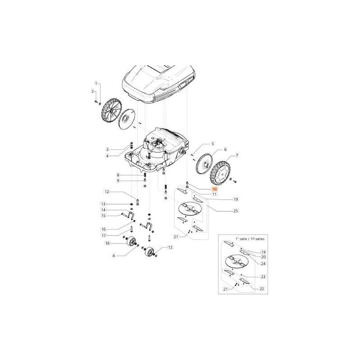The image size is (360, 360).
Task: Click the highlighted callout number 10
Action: pos(214,189)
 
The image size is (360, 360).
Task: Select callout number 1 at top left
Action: pos(95,84)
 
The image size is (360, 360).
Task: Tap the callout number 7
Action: pos(237,156)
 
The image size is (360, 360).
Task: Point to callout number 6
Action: pos(225,149)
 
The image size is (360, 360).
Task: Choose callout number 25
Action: pos(235,211)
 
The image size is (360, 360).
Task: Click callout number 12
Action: pos(107,192)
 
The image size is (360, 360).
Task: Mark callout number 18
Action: pos(107,243)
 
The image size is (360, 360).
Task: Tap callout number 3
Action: pos(107,149)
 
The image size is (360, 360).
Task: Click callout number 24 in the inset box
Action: pos(263,264)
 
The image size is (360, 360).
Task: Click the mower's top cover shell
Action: pos(160,81)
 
